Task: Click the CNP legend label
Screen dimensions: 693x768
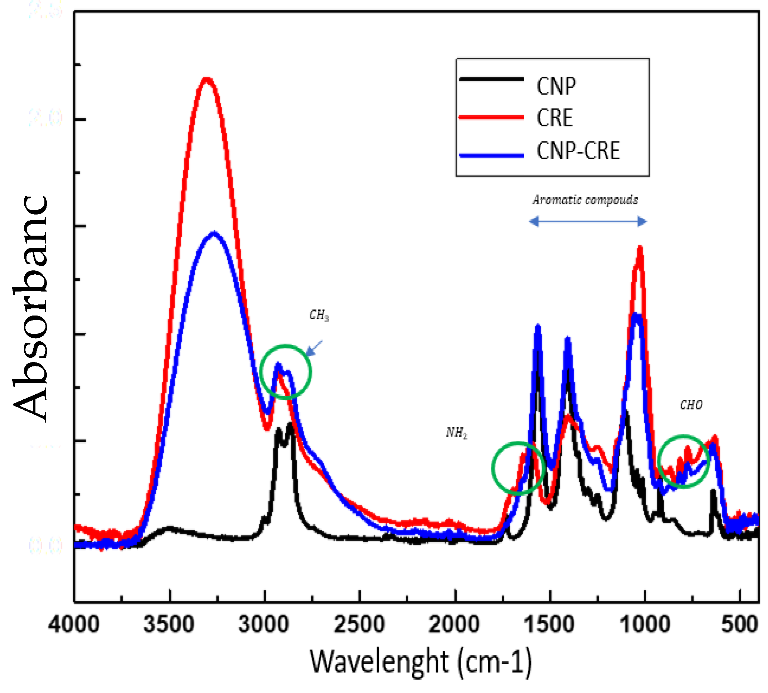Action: (556, 86)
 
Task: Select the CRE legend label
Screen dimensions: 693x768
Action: (554, 118)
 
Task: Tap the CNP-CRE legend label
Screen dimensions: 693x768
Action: (578, 151)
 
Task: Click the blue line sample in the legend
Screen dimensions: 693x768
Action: (491, 155)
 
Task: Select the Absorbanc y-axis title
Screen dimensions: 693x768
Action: (30, 308)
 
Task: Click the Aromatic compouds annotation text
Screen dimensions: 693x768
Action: (585, 199)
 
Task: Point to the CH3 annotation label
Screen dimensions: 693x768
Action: (319, 315)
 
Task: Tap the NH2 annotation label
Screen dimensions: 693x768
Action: (456, 433)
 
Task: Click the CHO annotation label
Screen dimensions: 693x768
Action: (691, 405)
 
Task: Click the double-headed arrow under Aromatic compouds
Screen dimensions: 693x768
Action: (588, 222)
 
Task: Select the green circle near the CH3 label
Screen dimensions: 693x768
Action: (286, 372)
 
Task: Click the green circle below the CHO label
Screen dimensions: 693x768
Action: (684, 461)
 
